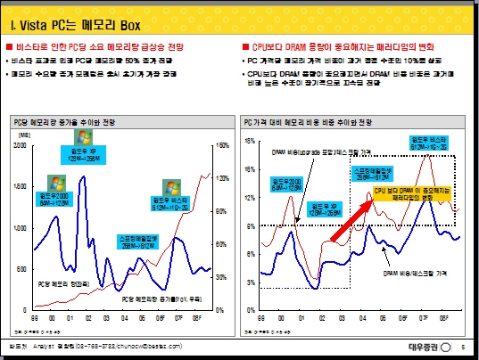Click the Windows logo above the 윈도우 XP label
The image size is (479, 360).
83,137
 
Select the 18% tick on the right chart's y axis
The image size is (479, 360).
251,141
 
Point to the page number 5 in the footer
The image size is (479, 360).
463,345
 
